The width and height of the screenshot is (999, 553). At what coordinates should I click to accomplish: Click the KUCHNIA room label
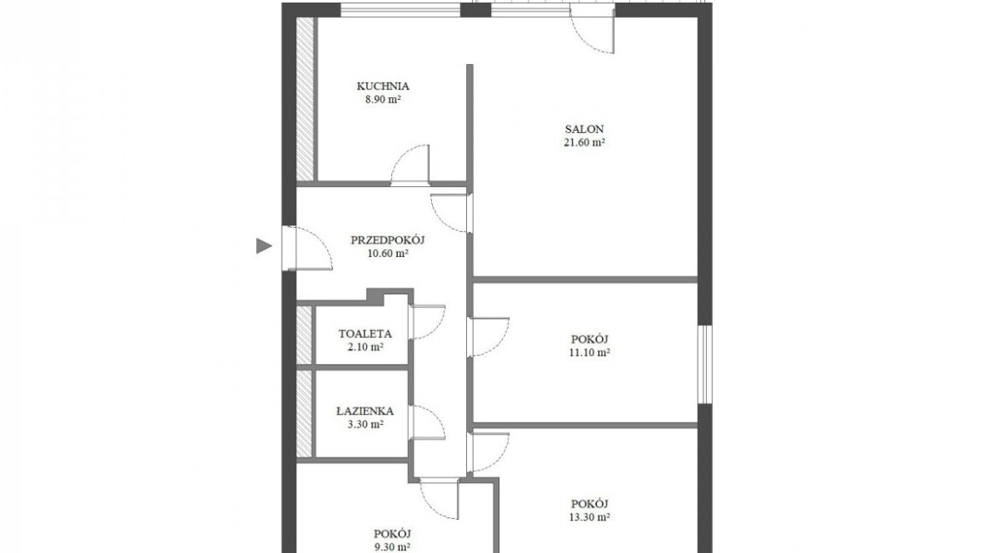tap(383, 86)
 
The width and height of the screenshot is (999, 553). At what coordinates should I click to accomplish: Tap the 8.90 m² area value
tap(383, 99)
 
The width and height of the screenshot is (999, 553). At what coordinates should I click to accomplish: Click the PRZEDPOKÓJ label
tap(388, 240)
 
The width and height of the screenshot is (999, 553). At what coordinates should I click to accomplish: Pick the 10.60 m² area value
tap(388, 253)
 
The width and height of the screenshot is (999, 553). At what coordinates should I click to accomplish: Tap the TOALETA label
tap(365, 334)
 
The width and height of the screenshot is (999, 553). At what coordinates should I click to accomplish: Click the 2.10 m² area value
tap(365, 347)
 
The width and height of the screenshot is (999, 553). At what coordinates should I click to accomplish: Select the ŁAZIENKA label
tap(365, 411)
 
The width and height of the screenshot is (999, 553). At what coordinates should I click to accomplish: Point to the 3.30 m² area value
tap(365, 425)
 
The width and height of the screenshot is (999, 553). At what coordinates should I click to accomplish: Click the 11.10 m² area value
tap(589, 352)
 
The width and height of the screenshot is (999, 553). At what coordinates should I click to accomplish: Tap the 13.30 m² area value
tap(589, 517)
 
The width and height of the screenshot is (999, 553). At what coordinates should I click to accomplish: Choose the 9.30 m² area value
tap(392, 547)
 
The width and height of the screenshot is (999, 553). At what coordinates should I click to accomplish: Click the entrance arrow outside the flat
tap(264, 245)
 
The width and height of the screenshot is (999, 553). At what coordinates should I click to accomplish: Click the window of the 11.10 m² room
tap(704, 364)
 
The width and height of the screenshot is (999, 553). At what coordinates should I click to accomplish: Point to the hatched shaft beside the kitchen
tap(307, 99)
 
